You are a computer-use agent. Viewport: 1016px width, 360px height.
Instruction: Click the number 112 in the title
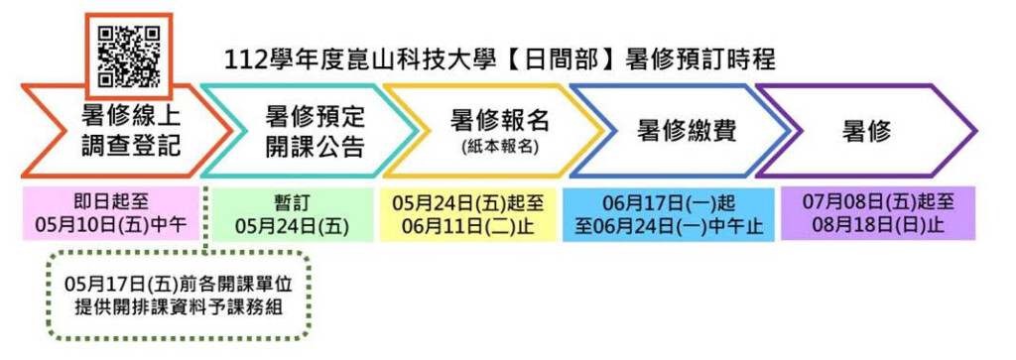click(x=247, y=60)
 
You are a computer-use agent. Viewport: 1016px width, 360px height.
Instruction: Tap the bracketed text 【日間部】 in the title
click(x=545, y=60)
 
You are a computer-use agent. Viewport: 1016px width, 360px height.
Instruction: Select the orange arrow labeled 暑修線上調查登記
click(x=119, y=130)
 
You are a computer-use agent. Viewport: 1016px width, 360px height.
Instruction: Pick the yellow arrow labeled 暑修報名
click(x=491, y=130)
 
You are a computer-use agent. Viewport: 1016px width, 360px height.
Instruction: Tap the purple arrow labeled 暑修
click(x=863, y=130)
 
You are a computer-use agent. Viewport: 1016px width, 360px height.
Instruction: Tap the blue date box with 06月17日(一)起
click(x=668, y=214)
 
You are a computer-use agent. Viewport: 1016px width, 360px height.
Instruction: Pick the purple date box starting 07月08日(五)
click(x=877, y=214)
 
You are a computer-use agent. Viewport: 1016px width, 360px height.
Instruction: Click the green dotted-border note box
click(x=180, y=296)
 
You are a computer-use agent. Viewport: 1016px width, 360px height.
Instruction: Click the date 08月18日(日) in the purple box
click(x=866, y=226)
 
